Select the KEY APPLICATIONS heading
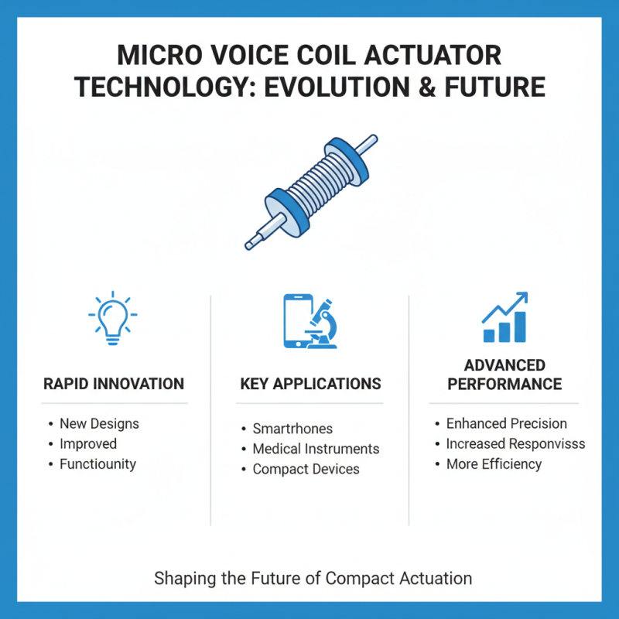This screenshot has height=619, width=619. point(310,384)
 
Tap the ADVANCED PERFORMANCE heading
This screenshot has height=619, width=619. point(504,374)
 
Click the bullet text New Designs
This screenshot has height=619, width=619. point(99,423)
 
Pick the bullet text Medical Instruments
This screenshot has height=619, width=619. point(316,449)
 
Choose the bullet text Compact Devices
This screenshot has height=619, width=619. point(306,469)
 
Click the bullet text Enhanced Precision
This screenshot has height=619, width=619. point(506,423)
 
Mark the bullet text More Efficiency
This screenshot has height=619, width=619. point(494,464)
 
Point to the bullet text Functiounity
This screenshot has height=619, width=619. point(97,464)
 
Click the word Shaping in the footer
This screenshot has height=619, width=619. point(180,578)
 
